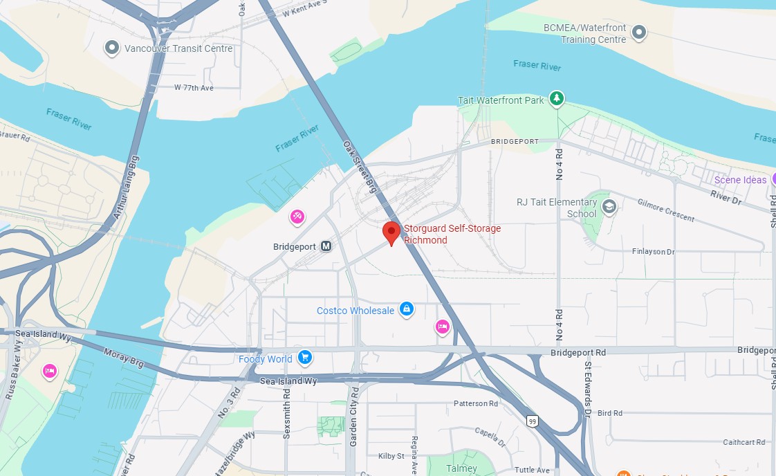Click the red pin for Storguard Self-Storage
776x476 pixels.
[391, 232]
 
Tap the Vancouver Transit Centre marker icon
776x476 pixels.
[112, 48]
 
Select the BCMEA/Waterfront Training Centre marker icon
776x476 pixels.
[640, 32]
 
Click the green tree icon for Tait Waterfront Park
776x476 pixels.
[557, 99]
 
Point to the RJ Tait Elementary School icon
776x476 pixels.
[609, 206]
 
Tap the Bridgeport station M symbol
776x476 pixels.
[326, 246]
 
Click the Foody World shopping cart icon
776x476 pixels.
[304, 358]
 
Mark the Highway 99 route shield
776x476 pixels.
[532, 421]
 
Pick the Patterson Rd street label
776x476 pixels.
[476, 403]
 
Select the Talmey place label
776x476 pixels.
[461, 468]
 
